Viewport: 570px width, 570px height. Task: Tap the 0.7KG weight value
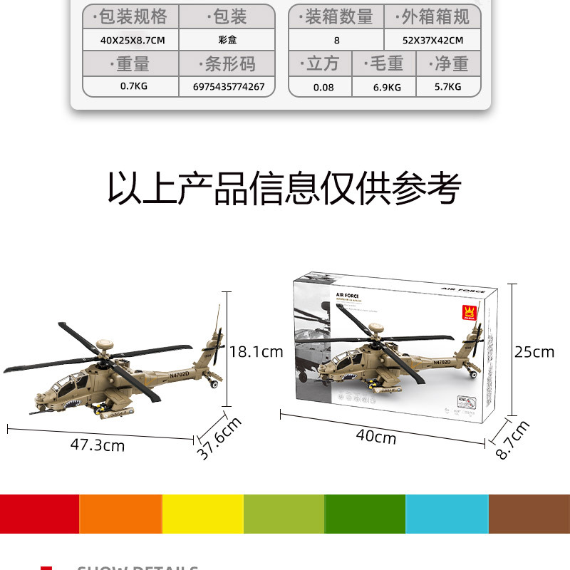[133, 87]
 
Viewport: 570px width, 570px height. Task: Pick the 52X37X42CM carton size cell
[432, 41]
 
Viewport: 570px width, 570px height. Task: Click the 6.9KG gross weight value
[387, 87]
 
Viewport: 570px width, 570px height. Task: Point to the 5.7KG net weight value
[447, 87]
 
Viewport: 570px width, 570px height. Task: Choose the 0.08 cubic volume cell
[323, 87]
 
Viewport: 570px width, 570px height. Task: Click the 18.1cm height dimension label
[256, 351]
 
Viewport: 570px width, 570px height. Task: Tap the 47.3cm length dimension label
[98, 445]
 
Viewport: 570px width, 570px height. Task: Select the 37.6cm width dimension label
[219, 440]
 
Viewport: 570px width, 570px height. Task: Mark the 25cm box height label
[534, 352]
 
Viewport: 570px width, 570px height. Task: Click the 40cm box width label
[375, 437]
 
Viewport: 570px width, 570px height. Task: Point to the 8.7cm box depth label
[513, 440]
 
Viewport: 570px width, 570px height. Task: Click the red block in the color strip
[39, 514]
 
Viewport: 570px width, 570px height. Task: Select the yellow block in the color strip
[203, 514]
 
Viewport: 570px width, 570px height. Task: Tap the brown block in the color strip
[529, 514]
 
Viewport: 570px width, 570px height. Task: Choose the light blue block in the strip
[447, 514]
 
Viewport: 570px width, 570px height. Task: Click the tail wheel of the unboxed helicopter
[213, 385]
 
